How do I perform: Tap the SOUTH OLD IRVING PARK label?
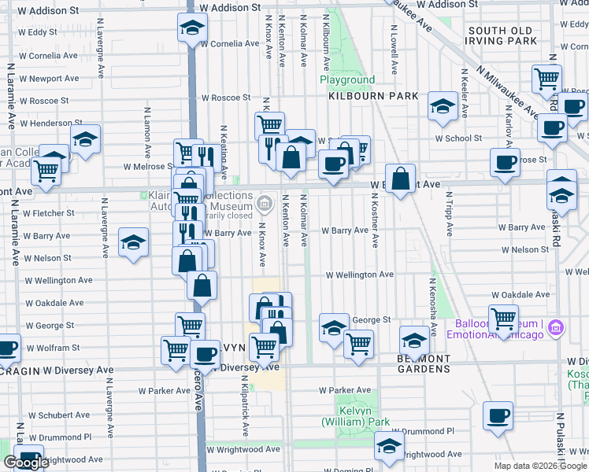point(502,35)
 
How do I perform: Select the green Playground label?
point(347,80)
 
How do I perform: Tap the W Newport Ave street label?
point(50,79)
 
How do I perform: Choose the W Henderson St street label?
point(46,124)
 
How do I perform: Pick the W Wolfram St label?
point(50,347)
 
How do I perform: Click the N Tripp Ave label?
point(449,212)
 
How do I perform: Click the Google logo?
point(26,463)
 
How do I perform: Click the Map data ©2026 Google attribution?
point(540,466)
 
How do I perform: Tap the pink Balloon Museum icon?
point(556,326)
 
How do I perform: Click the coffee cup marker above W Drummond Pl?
point(498,415)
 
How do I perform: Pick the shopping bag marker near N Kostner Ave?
point(401,179)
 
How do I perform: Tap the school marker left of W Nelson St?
point(134,241)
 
